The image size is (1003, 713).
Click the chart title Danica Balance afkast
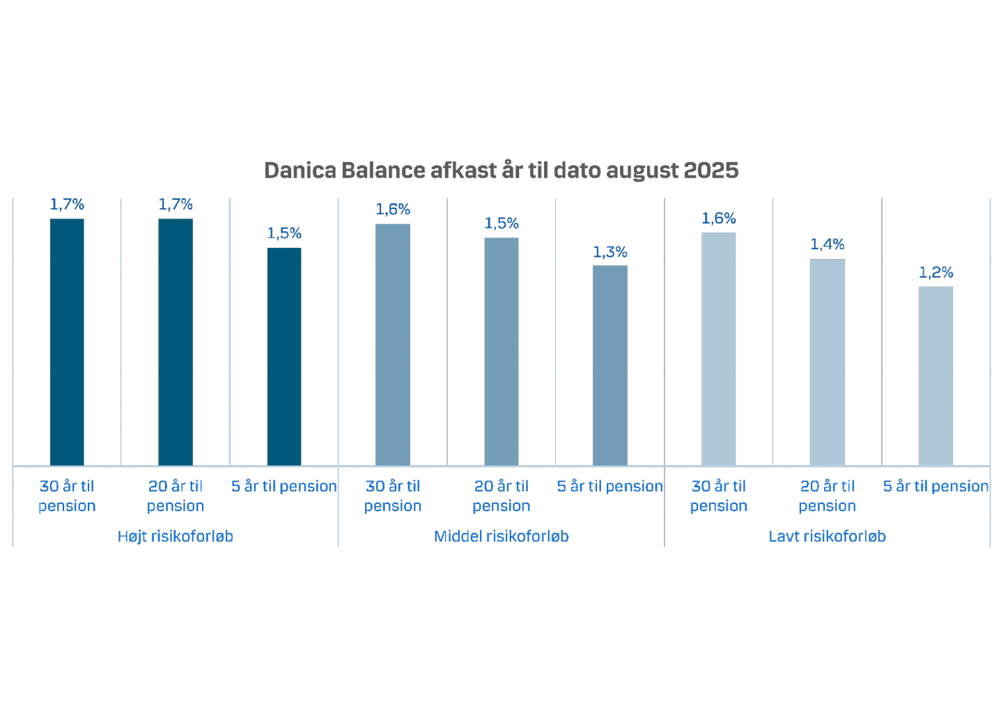[501, 171]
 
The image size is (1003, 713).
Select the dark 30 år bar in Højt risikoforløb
[67, 341]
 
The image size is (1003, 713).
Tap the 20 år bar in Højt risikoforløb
[176, 341]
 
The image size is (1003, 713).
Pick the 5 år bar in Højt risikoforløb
[284, 356]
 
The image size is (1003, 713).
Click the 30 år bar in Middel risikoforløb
[393, 344]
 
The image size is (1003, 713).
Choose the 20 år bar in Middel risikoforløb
[501, 351]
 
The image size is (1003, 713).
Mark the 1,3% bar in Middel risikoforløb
[610, 365]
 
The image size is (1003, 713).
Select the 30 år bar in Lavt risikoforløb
[719, 348]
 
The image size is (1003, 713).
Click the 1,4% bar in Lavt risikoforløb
[827, 361]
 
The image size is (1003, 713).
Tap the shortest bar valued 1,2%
[936, 375]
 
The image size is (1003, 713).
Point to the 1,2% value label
[936, 272]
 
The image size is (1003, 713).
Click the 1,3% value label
[610, 252]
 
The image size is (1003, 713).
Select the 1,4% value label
[827, 244]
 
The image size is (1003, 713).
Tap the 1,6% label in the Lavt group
[719, 219]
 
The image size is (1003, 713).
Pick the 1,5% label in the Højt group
[284, 233]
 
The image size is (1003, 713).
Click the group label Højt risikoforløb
[176, 536]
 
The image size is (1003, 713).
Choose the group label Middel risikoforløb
[501, 536]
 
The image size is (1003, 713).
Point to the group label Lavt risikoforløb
[827, 536]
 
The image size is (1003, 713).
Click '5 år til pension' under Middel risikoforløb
[610, 486]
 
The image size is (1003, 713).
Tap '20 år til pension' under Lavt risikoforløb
[827, 496]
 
